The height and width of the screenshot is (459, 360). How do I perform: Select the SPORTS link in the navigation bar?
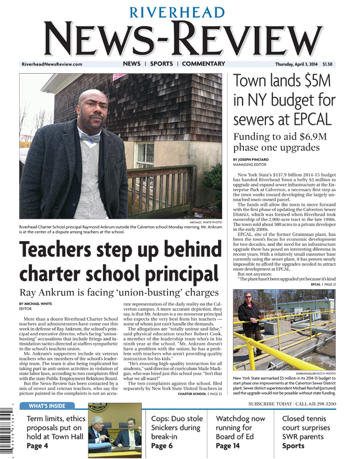point(161,64)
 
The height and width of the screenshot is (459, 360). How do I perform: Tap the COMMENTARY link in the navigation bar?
point(203,64)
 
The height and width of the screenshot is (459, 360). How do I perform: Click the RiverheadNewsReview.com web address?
point(52,65)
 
